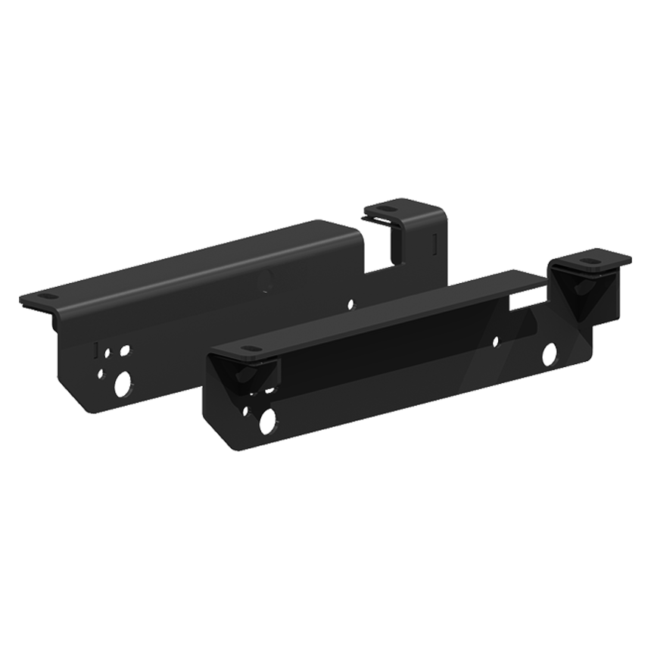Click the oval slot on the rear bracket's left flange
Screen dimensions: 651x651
tap(45, 297)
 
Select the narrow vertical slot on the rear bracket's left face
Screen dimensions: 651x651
tap(95, 350)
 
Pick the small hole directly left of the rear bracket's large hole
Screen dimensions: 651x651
tap(101, 372)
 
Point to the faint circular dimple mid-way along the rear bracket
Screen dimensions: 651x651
tap(267, 282)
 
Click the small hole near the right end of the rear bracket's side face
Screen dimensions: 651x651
tap(350, 304)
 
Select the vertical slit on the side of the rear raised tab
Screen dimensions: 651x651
tap(432, 243)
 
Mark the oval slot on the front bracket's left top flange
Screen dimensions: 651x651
tap(247, 349)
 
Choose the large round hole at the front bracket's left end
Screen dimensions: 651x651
tap(267, 421)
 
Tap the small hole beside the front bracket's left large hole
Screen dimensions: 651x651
tap(245, 411)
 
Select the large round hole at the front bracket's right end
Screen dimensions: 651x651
tap(549, 353)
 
